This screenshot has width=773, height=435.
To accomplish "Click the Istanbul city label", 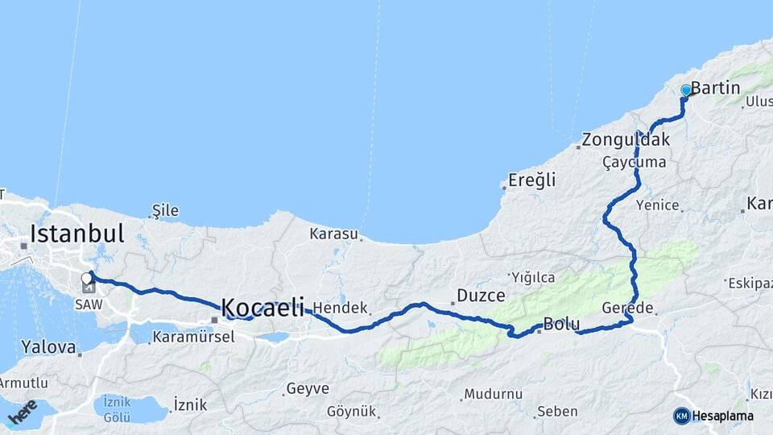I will (x=76, y=234).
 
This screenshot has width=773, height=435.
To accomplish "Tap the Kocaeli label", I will (x=262, y=307).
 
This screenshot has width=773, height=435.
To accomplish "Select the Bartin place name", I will (x=715, y=87).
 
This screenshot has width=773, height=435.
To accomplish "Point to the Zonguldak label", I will (x=626, y=139).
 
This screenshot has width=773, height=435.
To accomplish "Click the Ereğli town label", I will (x=531, y=180).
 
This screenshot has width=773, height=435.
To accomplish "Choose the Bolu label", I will (x=561, y=325).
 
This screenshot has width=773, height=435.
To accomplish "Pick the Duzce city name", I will (x=481, y=295).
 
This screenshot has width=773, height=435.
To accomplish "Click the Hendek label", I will (x=340, y=308).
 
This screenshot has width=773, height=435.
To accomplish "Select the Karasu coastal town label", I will (x=333, y=234).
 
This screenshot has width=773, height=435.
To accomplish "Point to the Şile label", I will (x=165, y=211).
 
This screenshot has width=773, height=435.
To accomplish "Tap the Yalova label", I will (x=49, y=347).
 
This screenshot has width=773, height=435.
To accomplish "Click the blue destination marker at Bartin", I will (x=686, y=90).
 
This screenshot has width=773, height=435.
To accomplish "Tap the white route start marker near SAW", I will (x=87, y=278).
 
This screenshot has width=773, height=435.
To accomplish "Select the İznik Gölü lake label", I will (x=118, y=409).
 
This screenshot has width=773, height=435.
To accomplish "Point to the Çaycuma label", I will (x=634, y=162).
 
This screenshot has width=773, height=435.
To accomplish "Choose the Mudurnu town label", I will (x=496, y=394).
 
